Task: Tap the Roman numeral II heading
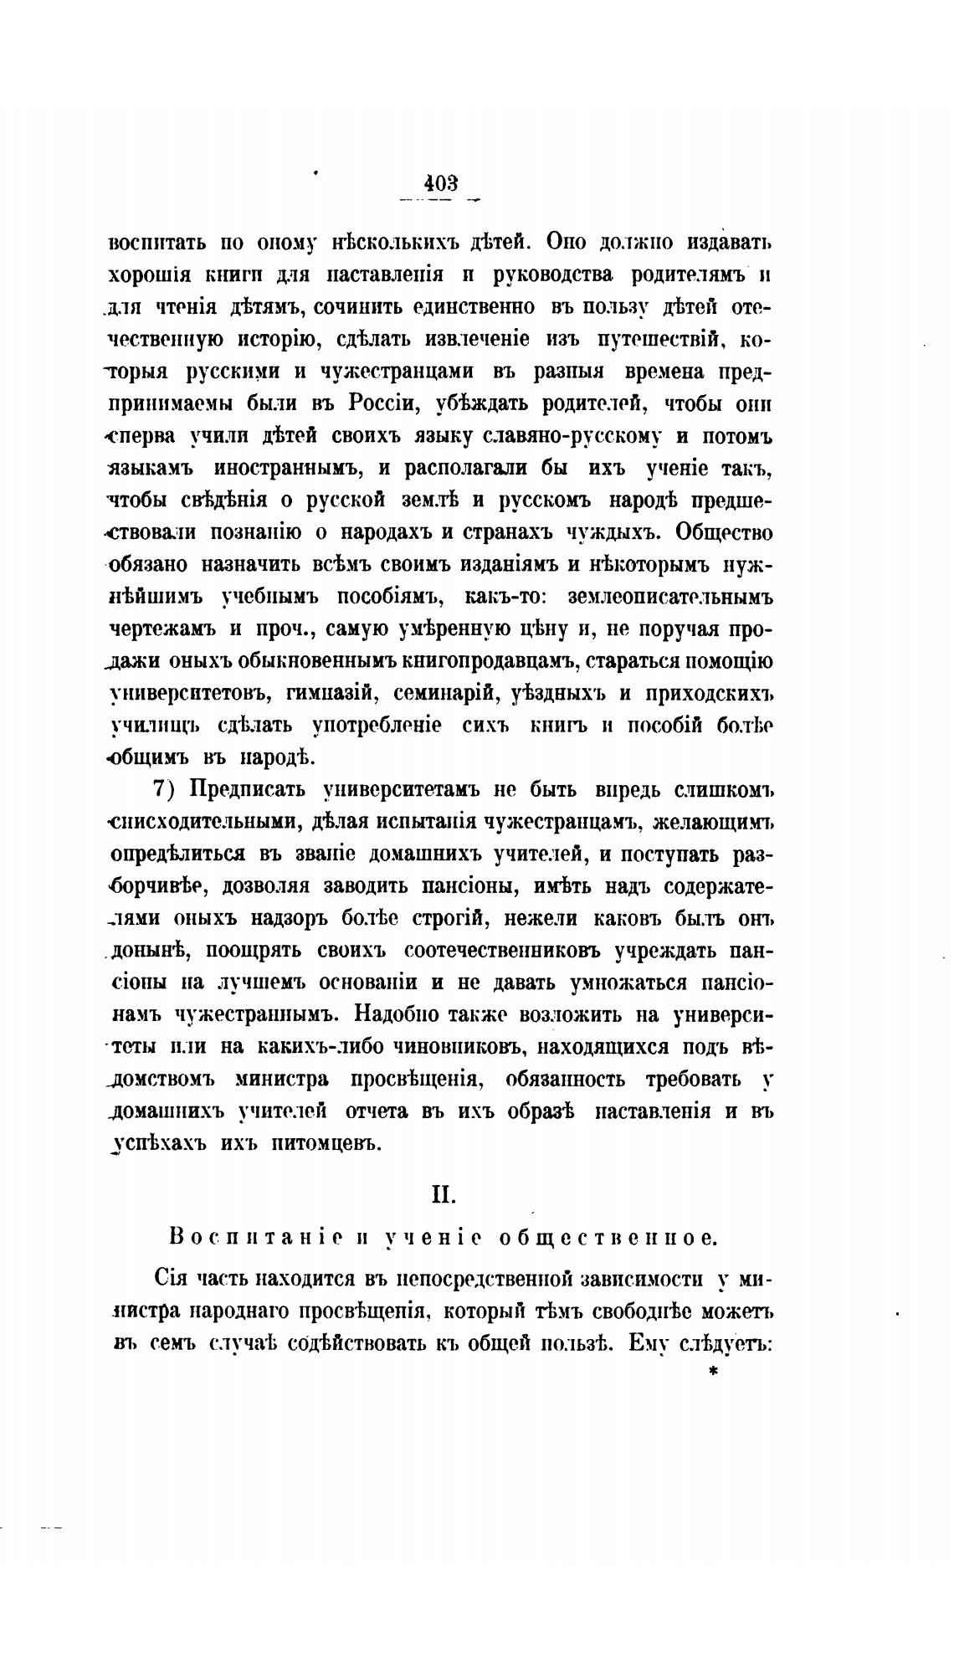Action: (x=443, y=1194)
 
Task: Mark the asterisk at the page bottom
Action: (x=713, y=1372)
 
